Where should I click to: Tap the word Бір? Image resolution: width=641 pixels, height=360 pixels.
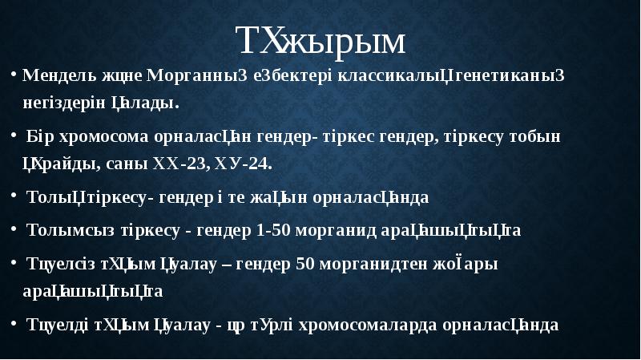(x=38, y=136)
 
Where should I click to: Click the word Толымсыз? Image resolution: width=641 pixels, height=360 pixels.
(x=63, y=231)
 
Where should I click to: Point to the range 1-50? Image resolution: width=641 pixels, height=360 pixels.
(x=272, y=231)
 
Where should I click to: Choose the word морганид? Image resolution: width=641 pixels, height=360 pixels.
(x=333, y=231)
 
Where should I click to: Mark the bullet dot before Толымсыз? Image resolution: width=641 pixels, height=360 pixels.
(x=15, y=231)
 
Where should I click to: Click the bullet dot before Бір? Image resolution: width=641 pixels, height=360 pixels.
(x=15, y=136)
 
